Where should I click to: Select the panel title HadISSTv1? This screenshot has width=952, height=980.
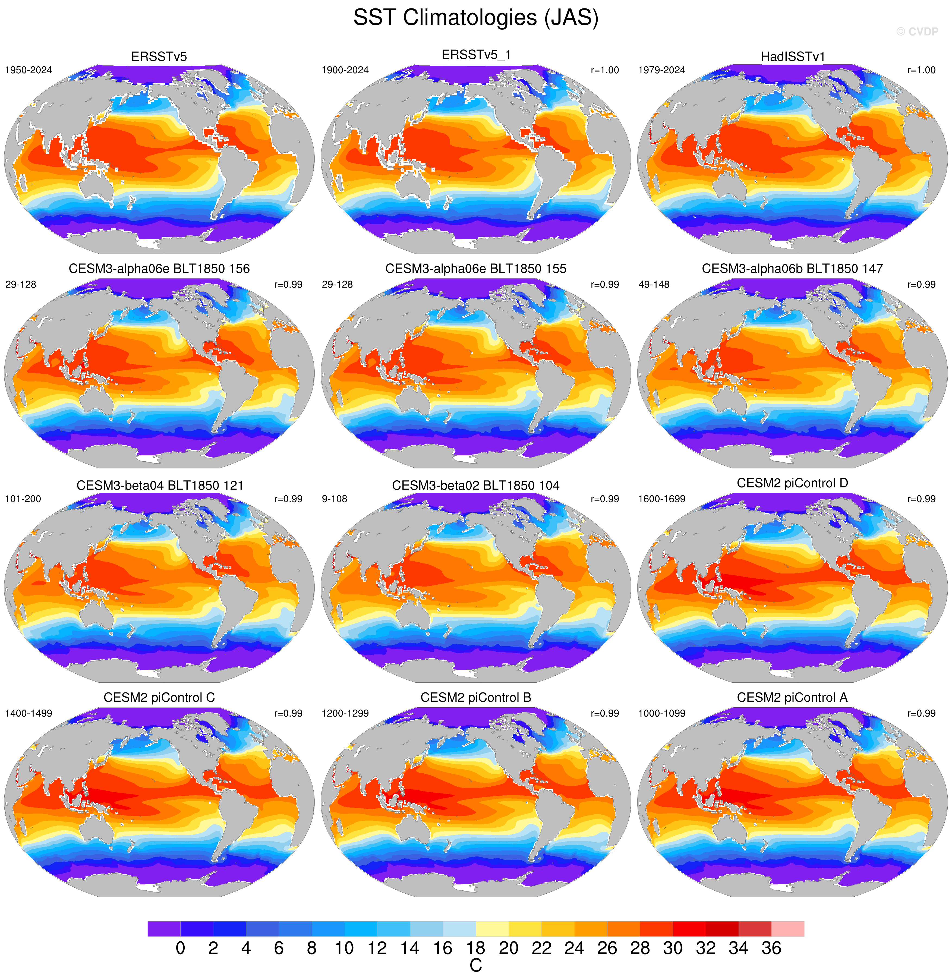(793, 56)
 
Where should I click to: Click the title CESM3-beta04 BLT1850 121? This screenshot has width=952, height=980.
(159, 486)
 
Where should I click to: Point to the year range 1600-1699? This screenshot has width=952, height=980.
(661, 499)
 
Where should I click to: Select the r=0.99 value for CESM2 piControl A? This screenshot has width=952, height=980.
(921, 714)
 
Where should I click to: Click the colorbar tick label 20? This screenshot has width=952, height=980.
(509, 948)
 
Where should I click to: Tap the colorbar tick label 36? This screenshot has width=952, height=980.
(771, 948)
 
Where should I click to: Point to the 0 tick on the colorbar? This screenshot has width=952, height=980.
(181, 948)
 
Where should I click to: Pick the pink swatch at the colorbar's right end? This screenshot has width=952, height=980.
(787, 928)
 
